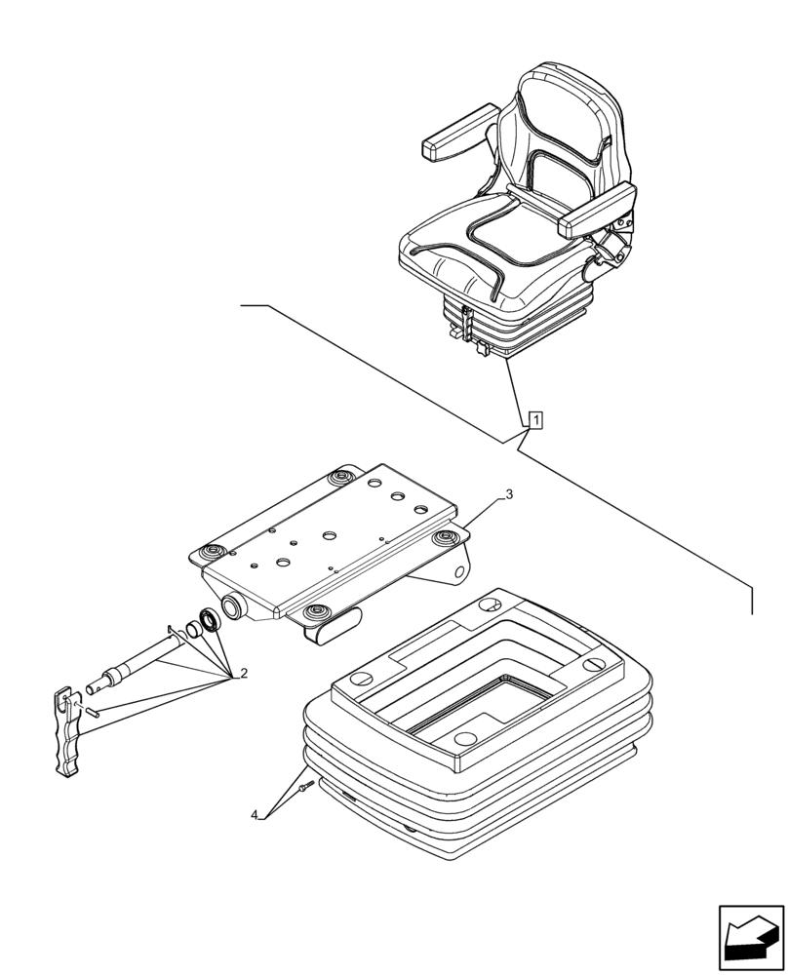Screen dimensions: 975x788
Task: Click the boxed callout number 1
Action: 534,420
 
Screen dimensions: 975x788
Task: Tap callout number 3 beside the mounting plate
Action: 509,494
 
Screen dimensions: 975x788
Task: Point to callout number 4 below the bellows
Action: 256,814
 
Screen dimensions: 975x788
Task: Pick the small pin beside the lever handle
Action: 94,711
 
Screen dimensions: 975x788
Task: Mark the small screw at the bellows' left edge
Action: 308,786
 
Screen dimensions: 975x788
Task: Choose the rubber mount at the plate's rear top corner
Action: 340,477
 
